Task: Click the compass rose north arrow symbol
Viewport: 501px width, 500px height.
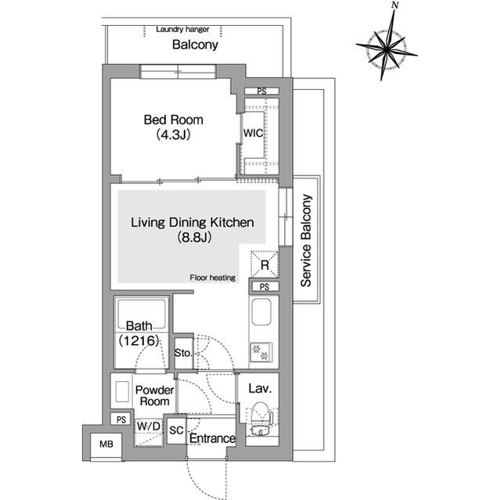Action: pyautogui.click(x=386, y=48)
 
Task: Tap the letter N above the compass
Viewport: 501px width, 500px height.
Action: pyautogui.click(x=395, y=5)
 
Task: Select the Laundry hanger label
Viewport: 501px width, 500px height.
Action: pyautogui.click(x=182, y=30)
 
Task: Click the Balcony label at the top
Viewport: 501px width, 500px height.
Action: pyautogui.click(x=195, y=45)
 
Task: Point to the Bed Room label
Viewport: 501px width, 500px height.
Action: pyautogui.click(x=173, y=120)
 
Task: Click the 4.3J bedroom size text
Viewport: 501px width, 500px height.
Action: pyautogui.click(x=173, y=135)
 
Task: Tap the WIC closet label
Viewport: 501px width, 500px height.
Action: pyautogui.click(x=253, y=133)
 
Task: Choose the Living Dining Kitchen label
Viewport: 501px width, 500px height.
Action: pyautogui.click(x=193, y=222)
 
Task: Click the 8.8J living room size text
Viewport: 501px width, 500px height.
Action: pyautogui.click(x=194, y=237)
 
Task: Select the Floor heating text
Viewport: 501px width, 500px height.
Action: pyautogui.click(x=212, y=278)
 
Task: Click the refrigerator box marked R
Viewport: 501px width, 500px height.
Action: pyautogui.click(x=265, y=264)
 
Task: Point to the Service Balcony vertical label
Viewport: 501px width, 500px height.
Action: pyautogui.click(x=306, y=240)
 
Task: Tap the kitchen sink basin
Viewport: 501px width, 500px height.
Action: pyautogui.click(x=261, y=311)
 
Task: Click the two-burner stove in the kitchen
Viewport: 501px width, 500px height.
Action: pyautogui.click(x=261, y=352)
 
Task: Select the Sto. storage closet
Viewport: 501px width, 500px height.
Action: pyautogui.click(x=184, y=353)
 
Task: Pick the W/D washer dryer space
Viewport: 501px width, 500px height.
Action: pyautogui.click(x=149, y=431)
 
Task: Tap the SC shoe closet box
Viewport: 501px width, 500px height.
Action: pyautogui.click(x=176, y=430)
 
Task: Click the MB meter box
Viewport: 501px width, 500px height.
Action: pyautogui.click(x=106, y=444)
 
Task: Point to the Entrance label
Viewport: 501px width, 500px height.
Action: pyautogui.click(x=212, y=438)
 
